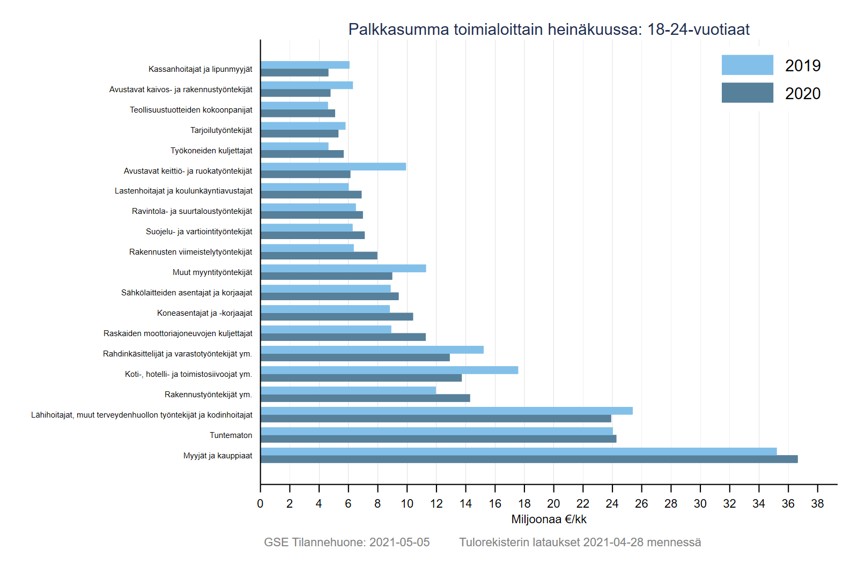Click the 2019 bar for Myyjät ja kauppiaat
click(518, 451)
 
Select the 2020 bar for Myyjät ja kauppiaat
click(529, 459)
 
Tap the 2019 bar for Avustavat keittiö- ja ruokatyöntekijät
click(333, 167)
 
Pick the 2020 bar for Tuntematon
click(438, 439)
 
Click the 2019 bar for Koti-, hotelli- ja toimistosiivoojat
click(389, 370)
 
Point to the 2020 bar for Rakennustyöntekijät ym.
click(365, 398)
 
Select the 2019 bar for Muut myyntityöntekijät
click(343, 269)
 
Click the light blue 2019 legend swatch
click(747, 65)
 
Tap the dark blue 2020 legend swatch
click(747, 93)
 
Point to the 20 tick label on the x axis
click(553, 504)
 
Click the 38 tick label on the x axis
click(817, 504)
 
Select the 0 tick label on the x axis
click(261, 504)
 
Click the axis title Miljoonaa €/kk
click(549, 519)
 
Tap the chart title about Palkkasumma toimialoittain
click(549, 29)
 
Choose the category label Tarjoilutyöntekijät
click(221, 130)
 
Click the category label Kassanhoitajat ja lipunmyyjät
click(200, 69)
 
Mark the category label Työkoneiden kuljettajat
click(211, 151)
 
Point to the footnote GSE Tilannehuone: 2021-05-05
click(346, 543)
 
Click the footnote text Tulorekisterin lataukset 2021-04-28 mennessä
click(580, 543)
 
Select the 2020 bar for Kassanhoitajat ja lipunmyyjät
click(294, 73)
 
